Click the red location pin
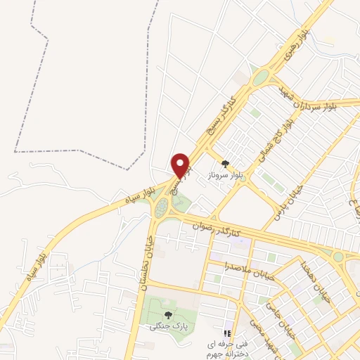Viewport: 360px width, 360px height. coord(181,165)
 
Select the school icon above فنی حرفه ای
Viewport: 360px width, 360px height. coord(227,333)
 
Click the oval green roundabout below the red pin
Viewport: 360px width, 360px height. coord(162,207)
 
